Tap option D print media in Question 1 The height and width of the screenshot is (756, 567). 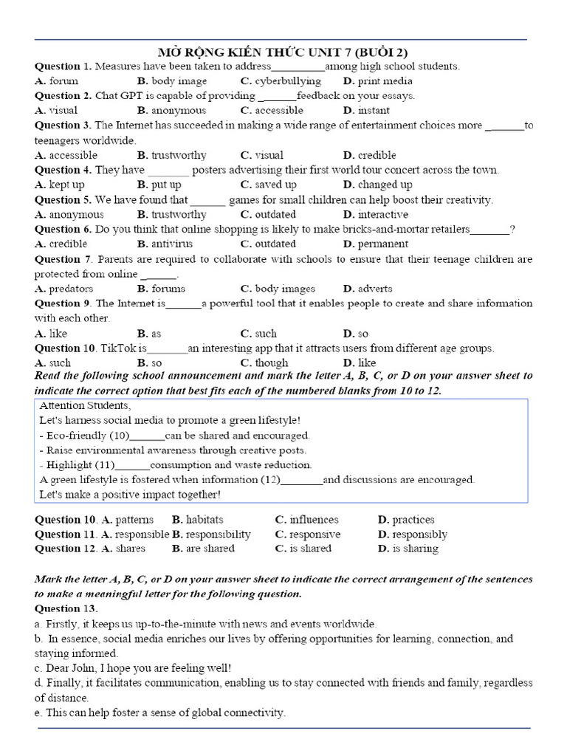click(378, 81)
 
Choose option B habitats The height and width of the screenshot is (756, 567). click(197, 520)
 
